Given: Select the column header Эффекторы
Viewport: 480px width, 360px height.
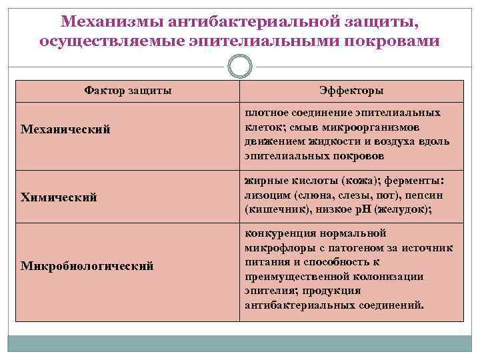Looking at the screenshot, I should coord(351,91).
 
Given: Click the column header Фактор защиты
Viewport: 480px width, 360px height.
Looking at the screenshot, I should coord(128,90).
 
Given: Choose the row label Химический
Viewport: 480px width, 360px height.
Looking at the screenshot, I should coord(59,197).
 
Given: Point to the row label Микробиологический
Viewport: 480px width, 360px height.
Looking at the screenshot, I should coord(87,266).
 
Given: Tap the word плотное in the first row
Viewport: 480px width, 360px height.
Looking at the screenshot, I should coord(267,113).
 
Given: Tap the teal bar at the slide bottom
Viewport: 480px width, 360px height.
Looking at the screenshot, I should coord(240,343).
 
